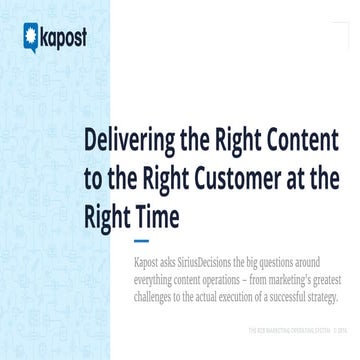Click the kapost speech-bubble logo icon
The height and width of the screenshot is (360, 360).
[30, 39]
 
